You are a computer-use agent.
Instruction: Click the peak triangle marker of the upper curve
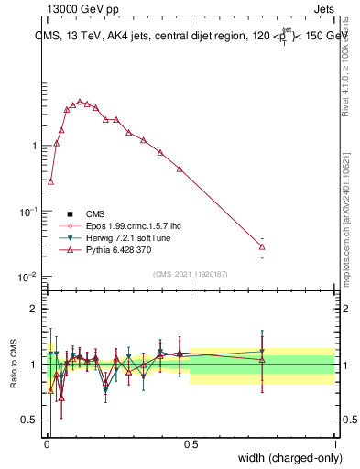tap(80, 102)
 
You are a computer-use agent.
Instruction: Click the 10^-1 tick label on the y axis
tap(29, 211)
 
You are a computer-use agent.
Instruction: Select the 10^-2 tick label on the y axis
tap(29, 277)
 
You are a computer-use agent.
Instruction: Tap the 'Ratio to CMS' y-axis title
tap(14, 364)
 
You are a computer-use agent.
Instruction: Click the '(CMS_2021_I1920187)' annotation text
tap(190, 272)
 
